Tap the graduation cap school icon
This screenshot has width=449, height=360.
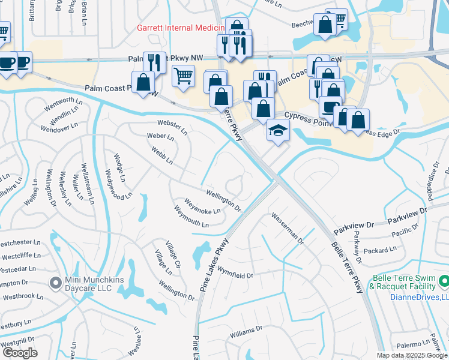[x=278, y=130]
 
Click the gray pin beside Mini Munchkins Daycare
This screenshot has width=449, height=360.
[x=55, y=282]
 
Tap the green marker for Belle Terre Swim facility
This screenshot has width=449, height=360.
[x=444, y=280]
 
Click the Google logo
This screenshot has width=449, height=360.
[x=20, y=352]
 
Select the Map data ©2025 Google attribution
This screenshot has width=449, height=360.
[x=411, y=355]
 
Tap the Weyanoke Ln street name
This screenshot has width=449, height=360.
[x=202, y=206]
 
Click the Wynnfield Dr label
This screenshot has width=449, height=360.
[x=235, y=272]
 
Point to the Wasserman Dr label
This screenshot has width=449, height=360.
[x=288, y=229]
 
